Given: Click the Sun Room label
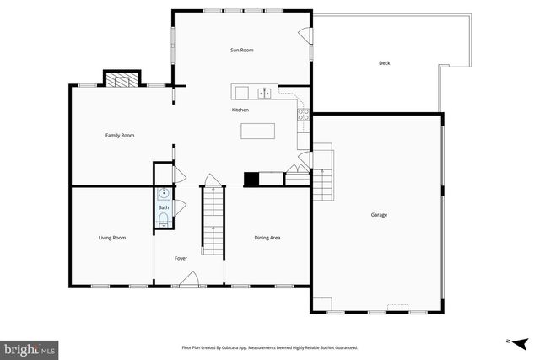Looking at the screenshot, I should click(x=242, y=51).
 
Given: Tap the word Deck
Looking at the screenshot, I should click(x=384, y=63).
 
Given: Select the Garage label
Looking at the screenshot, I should click(x=379, y=215).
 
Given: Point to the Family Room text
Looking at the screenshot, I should click(x=120, y=136).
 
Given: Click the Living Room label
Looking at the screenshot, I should click(x=112, y=238).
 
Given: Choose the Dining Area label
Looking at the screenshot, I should click(x=267, y=238).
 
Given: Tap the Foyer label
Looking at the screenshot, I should click(x=181, y=258).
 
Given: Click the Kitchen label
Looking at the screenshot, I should click(x=240, y=110).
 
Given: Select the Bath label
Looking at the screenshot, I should click(x=164, y=207).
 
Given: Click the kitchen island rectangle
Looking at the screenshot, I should click(x=258, y=131).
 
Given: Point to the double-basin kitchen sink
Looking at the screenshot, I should click(x=264, y=93).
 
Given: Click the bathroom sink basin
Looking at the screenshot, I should click(x=163, y=194).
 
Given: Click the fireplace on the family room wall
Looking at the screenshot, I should click(x=120, y=79).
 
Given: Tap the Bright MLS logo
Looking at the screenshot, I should click(x=30, y=348).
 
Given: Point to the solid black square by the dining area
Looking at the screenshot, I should click(x=251, y=179).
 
